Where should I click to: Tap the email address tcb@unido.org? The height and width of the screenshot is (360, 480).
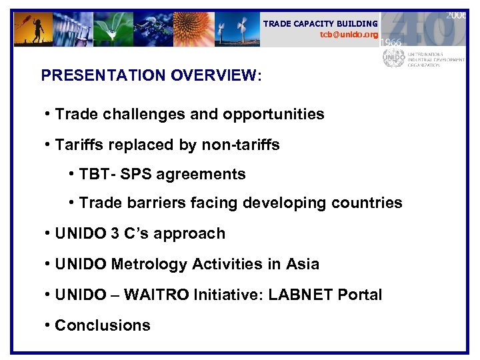349,34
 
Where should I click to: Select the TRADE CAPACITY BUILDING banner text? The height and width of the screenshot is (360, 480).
320,23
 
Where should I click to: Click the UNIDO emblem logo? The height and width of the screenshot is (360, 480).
393,58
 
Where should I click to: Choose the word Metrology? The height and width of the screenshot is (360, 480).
147,264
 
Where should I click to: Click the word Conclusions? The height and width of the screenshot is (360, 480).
103,325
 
